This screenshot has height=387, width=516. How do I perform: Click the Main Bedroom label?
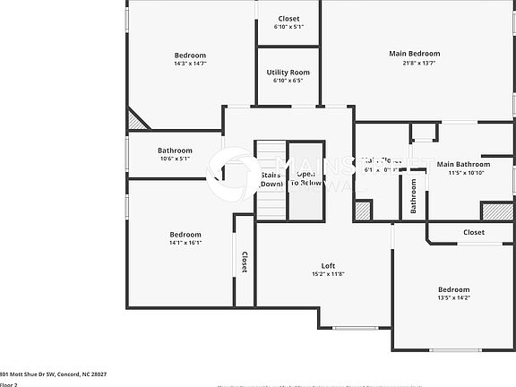(414, 54)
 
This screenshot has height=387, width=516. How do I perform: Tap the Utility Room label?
(288, 72)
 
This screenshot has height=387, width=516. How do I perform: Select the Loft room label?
(329, 265)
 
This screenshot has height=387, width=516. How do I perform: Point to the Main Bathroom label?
(463, 164)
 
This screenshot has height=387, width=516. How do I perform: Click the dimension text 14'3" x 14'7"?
(190, 64)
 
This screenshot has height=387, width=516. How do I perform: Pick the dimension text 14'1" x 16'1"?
(185, 243)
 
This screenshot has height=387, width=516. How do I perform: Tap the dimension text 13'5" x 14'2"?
(453, 298)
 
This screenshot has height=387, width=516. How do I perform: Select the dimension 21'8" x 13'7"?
(414, 63)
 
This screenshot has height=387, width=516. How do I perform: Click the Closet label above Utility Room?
(288, 19)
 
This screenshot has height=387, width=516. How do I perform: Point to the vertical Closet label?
(244, 261)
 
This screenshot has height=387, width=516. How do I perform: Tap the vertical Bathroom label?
(414, 195)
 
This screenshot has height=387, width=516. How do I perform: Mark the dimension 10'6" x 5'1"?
(176, 159)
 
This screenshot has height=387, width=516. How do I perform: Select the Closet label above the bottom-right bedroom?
(474, 232)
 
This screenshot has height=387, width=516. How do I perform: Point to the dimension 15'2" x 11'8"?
(329, 274)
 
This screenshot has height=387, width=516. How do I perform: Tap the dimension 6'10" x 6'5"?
(288, 81)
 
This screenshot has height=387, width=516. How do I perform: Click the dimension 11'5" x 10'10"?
(463, 173)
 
